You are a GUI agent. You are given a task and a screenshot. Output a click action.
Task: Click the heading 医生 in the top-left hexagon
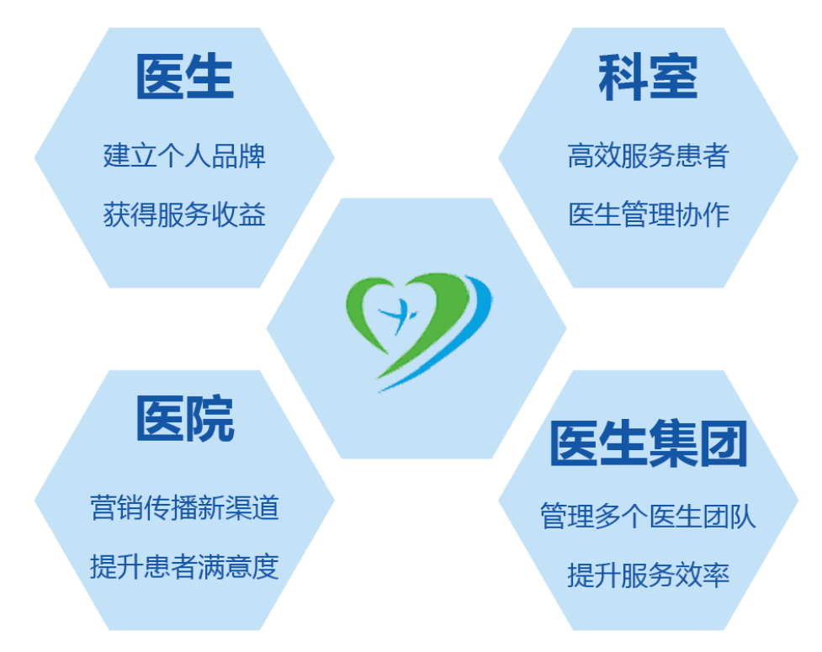[x=184, y=77]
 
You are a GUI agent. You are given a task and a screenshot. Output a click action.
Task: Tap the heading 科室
[x=648, y=77]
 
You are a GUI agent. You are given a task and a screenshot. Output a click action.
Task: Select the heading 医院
[x=184, y=418]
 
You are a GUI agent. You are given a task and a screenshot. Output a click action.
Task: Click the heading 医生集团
[x=649, y=443]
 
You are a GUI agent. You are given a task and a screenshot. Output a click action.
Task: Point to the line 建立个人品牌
[x=184, y=156]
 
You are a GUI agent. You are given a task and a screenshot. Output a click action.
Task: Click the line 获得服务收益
[x=184, y=215]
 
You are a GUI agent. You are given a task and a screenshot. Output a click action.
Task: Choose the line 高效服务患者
[x=649, y=156]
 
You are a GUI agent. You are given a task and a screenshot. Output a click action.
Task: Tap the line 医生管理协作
[x=649, y=215]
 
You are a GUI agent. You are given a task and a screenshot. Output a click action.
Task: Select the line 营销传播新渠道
[x=184, y=507]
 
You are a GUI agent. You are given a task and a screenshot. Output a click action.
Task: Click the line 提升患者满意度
[x=184, y=566]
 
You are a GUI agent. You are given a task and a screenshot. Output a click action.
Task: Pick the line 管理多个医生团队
[x=649, y=517]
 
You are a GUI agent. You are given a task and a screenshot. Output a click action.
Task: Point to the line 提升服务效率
[x=649, y=575]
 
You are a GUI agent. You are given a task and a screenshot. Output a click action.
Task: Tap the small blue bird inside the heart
[x=399, y=315]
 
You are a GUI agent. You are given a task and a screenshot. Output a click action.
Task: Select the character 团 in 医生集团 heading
[x=724, y=443]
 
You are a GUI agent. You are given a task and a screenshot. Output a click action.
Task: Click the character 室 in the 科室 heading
[x=674, y=77]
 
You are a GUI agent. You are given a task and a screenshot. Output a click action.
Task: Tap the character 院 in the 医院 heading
[x=209, y=418]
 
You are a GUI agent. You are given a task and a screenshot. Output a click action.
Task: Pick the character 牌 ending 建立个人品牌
[x=252, y=156]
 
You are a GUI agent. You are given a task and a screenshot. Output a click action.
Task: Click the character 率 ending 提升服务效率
[x=716, y=575]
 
